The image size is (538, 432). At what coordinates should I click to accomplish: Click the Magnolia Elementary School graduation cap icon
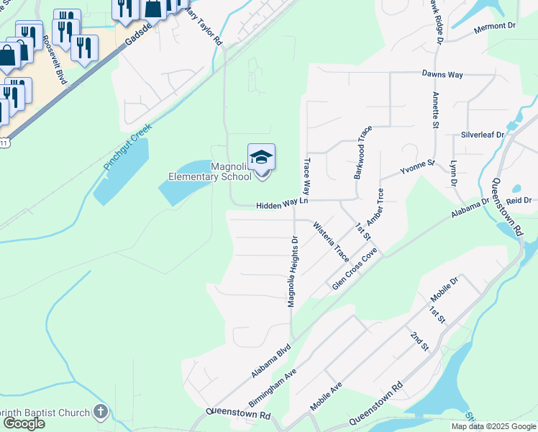click(x=261, y=157)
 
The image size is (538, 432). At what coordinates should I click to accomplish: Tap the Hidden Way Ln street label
click(x=283, y=205)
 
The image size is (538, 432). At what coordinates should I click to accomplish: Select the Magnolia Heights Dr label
click(x=293, y=271)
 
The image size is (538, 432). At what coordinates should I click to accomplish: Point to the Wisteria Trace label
click(x=331, y=242)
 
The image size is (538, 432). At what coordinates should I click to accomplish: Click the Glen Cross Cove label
click(x=355, y=269)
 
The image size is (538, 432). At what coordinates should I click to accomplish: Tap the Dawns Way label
click(x=442, y=74)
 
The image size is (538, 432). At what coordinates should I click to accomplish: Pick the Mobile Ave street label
click(x=327, y=397)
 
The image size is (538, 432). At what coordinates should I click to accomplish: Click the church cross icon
click(x=101, y=412)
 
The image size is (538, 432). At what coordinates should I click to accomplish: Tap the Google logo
click(x=24, y=423)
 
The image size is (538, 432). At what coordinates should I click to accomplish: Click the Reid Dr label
click(x=518, y=200)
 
